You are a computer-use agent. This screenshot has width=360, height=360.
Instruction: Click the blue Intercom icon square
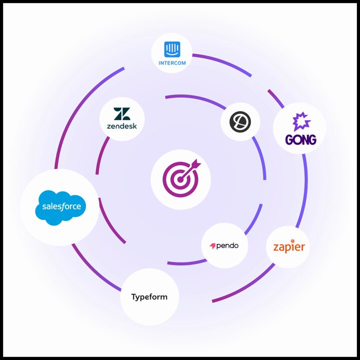pyautogui.click(x=172, y=49)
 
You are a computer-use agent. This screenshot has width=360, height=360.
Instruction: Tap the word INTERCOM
pyautogui.click(x=172, y=63)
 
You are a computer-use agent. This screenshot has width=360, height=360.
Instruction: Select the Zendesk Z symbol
pyautogui.click(x=122, y=114)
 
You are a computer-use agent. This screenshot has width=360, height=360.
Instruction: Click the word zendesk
pyautogui.click(x=122, y=126)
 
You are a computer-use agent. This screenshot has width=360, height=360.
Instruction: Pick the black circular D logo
pyautogui.click(x=240, y=121)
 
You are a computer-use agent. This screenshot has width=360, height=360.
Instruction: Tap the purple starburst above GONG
pyautogui.click(x=301, y=121)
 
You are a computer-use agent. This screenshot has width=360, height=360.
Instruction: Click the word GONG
pyautogui.click(x=301, y=139)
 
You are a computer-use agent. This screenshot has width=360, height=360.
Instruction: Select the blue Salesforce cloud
pyautogui.click(x=60, y=208)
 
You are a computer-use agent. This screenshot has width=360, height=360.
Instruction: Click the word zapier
pyautogui.click(x=289, y=247)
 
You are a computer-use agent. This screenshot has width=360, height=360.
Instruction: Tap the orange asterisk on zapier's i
pyautogui.click(x=292, y=241)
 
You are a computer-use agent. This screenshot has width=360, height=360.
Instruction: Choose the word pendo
pyautogui.click(x=227, y=246)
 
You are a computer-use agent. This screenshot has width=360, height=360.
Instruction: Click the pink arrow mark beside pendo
pyautogui.click(x=212, y=246)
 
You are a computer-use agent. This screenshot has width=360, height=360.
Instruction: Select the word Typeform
pyautogui.click(x=149, y=297)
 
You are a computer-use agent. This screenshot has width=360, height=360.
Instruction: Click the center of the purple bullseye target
pyautogui.click(x=180, y=179)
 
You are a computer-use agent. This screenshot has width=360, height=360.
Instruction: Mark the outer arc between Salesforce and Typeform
pyautogui.click(x=94, y=270)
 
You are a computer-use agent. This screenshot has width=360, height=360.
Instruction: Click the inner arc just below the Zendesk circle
pyautogui.click(x=101, y=154)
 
